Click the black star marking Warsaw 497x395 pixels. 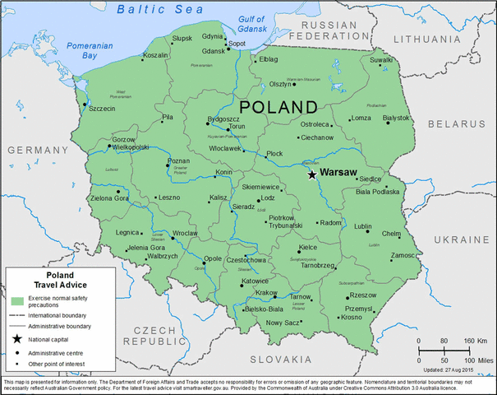[x=311, y=174]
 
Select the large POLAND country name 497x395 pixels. [x=277, y=107]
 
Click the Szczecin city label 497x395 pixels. [x=101, y=108]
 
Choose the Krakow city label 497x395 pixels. [x=266, y=292]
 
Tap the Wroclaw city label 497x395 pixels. [x=186, y=234]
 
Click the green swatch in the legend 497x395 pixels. [x=17, y=299]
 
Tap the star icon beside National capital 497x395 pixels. [x=16, y=339]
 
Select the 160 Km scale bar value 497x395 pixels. [x=476, y=341]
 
